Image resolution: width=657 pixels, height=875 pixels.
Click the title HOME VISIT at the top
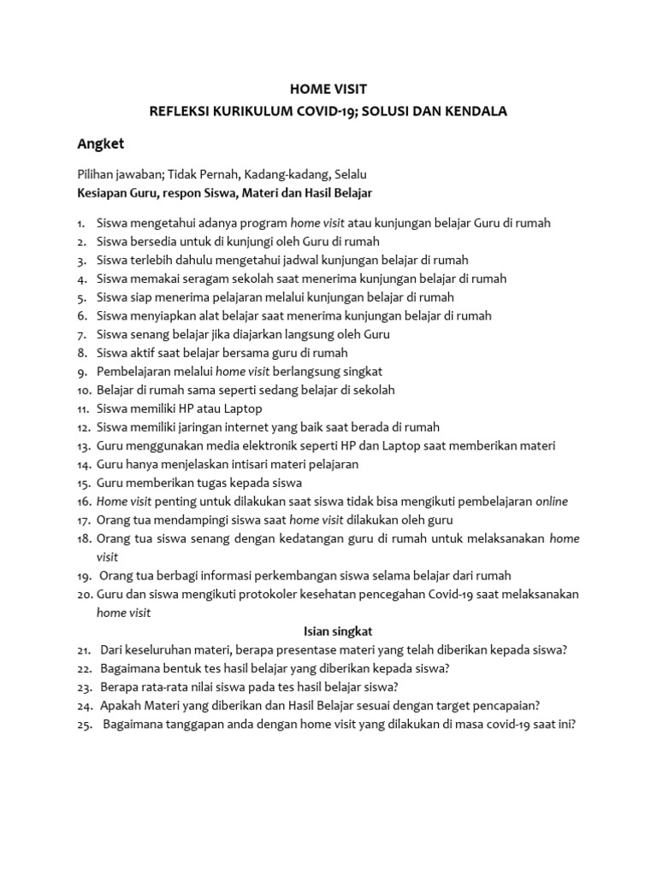click(x=328, y=88)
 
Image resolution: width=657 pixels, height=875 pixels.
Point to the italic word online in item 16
click(x=552, y=502)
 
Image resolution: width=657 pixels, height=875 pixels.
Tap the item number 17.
click(x=83, y=520)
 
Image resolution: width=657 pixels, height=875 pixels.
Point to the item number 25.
click(x=85, y=724)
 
